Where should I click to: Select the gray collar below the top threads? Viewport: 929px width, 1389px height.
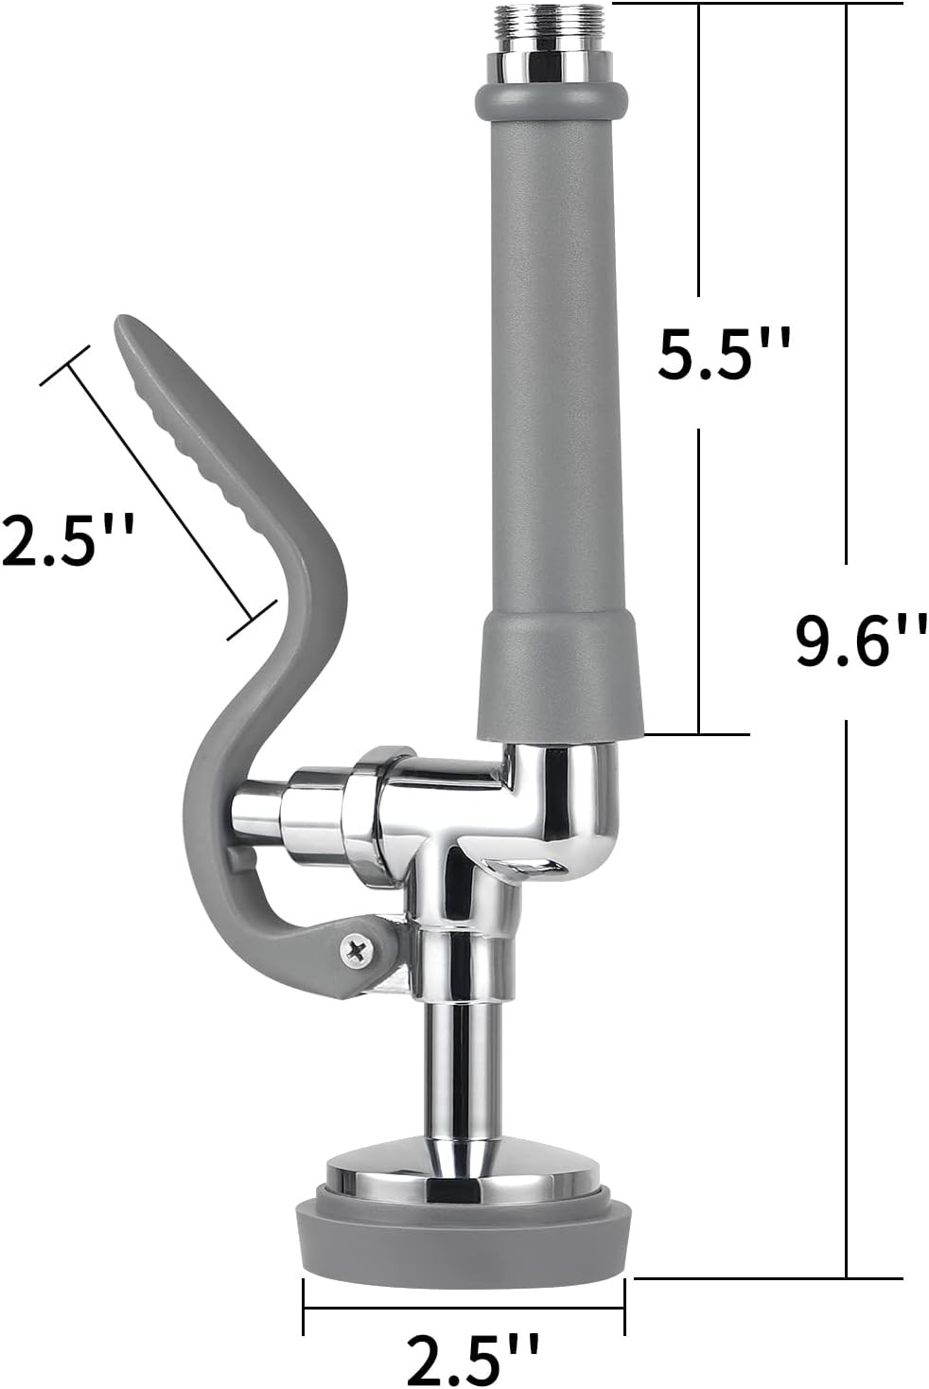coord(550,99)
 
